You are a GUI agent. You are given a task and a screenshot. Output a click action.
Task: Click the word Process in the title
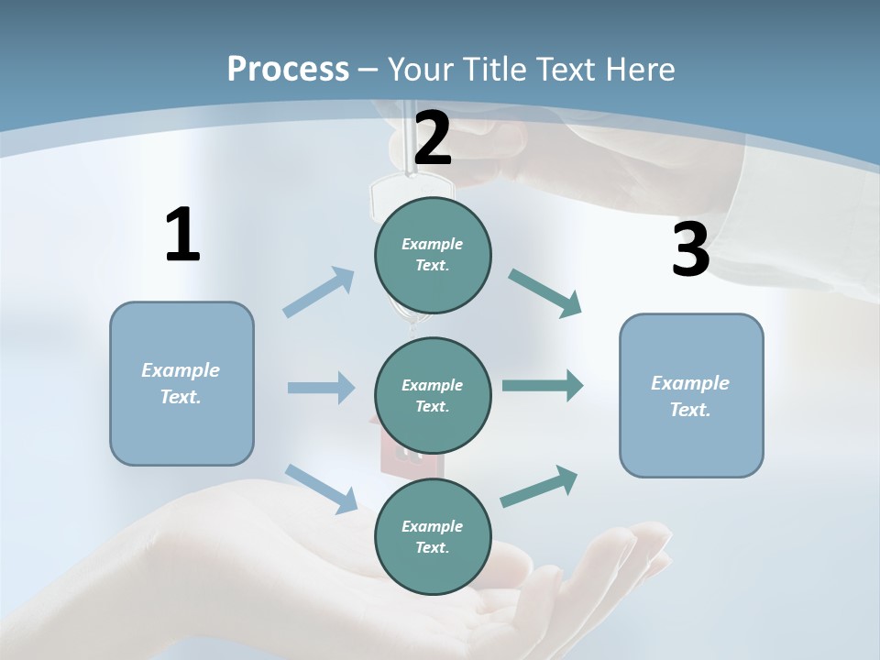[x=288, y=69]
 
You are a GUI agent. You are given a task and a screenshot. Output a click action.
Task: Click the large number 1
[x=182, y=235]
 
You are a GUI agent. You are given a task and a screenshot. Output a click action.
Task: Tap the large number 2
[x=433, y=139]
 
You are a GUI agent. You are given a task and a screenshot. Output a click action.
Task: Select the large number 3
[x=690, y=250]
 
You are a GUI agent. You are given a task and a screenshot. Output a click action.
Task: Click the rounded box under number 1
[x=181, y=383]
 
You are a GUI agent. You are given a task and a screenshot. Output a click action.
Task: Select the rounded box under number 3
[x=691, y=395]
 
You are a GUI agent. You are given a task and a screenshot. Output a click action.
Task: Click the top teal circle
[x=433, y=255]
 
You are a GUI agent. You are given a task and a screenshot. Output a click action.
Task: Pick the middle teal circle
[x=433, y=395]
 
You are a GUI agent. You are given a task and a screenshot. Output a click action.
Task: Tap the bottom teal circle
[x=433, y=536]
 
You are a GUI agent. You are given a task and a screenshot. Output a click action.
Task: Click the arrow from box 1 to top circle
[x=319, y=292]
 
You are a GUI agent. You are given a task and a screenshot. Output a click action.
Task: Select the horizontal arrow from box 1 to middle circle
[x=321, y=388]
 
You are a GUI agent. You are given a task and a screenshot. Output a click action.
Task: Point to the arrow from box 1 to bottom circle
[x=321, y=488]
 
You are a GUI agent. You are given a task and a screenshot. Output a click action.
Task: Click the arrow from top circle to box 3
[x=544, y=293]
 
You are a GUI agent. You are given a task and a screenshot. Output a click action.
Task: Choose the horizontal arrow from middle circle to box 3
[x=543, y=386]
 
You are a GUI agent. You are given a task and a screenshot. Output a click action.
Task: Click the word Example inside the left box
[x=181, y=370]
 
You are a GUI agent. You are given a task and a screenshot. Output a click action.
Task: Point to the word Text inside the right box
[x=690, y=410]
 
